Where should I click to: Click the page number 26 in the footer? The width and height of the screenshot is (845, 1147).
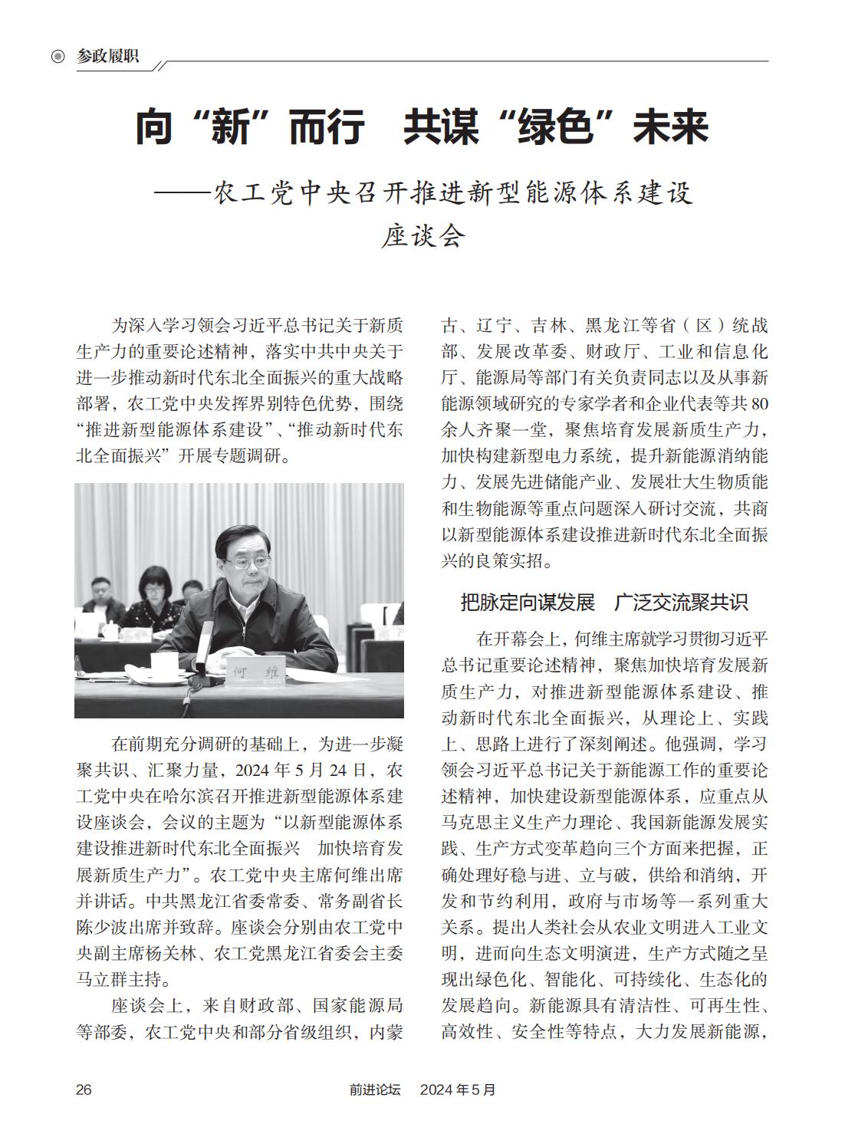(x=84, y=1089)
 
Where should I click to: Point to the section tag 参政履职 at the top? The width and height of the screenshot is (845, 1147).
(x=108, y=56)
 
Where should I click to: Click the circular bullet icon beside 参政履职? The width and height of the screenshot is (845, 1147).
(x=58, y=57)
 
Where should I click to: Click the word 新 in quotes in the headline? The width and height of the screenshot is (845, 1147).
(x=232, y=128)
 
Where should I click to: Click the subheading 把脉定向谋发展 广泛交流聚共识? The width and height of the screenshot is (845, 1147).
(x=603, y=602)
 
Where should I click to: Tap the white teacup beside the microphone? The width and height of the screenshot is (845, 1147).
(x=163, y=665)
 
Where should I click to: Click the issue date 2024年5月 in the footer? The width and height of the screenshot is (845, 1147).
(x=458, y=1089)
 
